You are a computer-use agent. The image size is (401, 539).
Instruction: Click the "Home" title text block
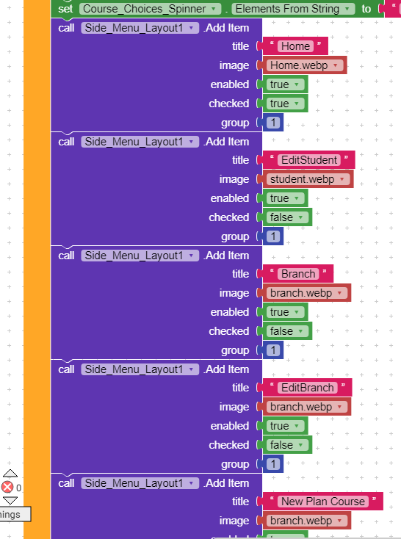pyautogui.click(x=295, y=46)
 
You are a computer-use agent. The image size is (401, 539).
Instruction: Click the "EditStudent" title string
pyautogui.click(x=308, y=160)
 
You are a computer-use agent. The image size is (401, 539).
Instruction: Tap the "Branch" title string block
pyautogui.click(x=297, y=274)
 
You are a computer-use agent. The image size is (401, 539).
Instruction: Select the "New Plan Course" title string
pyautogui.click(x=322, y=502)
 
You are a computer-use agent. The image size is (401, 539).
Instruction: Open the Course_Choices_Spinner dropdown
pyautogui.click(x=150, y=10)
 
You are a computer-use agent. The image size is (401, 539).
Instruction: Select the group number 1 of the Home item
pyautogui.click(x=273, y=123)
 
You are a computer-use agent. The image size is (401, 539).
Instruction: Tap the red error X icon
pyautogui.click(x=7, y=487)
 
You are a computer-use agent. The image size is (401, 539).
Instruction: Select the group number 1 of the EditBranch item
pyautogui.click(x=273, y=464)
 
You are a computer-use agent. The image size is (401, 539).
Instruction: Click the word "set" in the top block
pyautogui.click(x=65, y=10)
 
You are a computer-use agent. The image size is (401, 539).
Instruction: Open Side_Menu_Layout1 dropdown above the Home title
pyautogui.click(x=140, y=28)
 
